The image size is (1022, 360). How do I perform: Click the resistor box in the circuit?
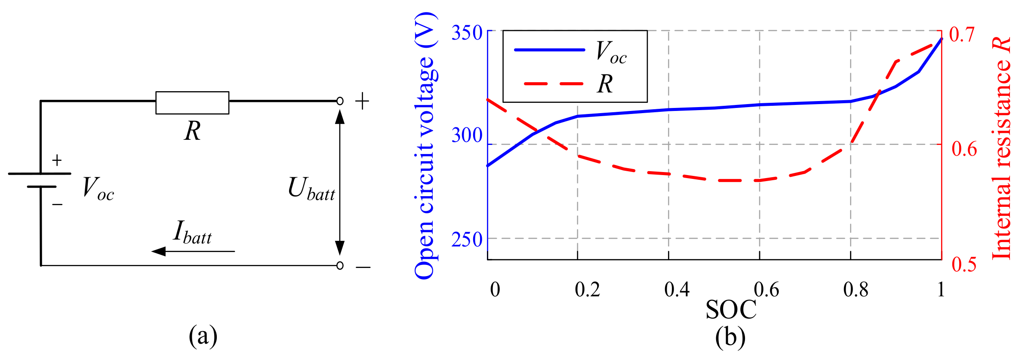[192, 102]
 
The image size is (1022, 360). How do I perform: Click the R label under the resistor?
[192, 131]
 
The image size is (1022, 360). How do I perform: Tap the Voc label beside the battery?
[98, 189]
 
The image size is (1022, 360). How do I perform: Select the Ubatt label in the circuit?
[311, 189]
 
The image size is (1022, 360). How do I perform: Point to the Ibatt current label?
[192, 233]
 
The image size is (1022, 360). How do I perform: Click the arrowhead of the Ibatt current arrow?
[158, 251]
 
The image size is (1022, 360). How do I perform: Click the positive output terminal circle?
[340, 101]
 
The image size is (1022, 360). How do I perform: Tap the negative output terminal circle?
[340, 265]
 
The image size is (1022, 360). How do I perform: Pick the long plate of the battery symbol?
[40, 174]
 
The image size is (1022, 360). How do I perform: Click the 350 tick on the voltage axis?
[467, 33]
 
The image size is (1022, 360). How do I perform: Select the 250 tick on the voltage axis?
[467, 239]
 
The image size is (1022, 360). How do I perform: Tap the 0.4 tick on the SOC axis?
[677, 289]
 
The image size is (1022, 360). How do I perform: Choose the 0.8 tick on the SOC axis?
[856, 289]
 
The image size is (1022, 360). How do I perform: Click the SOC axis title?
[731, 310]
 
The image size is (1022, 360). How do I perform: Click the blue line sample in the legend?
[549, 50]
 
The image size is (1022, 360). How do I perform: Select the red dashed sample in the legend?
[554, 83]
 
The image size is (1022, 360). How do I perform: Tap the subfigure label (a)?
[203, 336]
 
